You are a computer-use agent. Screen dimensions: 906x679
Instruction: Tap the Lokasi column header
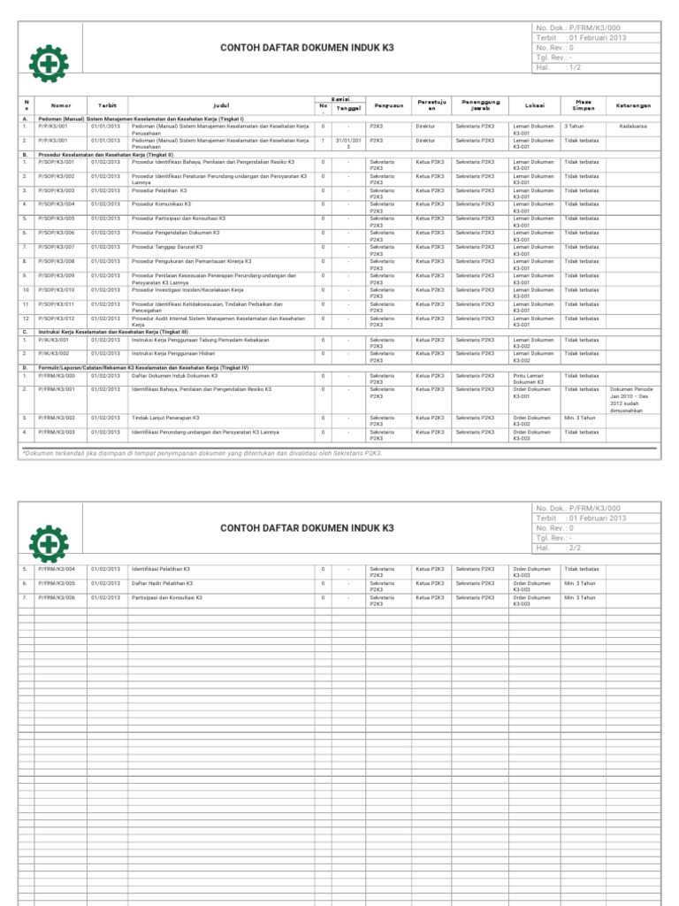pos(534,105)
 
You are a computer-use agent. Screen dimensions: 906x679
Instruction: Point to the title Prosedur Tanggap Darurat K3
pos(167,247)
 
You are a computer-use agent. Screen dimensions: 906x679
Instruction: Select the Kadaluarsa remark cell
pos(632,127)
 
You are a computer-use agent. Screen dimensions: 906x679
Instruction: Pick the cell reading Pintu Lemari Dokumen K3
pos(534,379)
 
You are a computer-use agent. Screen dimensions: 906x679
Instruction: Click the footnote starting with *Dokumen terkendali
pos(202,452)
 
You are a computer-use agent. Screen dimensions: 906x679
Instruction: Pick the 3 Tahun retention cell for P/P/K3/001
pos(574,127)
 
